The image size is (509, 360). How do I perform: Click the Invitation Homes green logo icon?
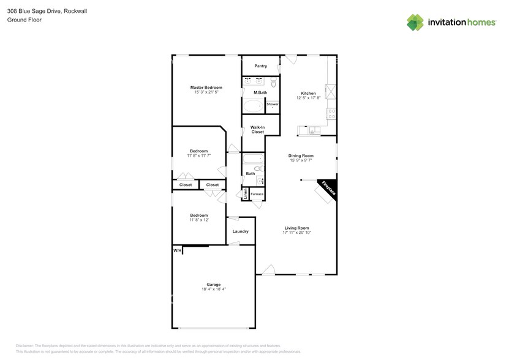click(x=415, y=22)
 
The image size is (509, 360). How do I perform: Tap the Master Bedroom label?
click(x=206, y=88)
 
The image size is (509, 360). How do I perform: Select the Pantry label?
click(x=260, y=66)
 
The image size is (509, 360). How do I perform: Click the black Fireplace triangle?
click(x=330, y=189)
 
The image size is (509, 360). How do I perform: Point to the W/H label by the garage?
click(x=177, y=250)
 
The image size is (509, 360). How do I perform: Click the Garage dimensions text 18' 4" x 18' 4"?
click(x=213, y=289)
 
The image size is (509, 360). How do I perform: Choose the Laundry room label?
click(x=241, y=231)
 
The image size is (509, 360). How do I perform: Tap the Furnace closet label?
click(x=257, y=194)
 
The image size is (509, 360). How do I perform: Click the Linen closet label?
click(x=246, y=194)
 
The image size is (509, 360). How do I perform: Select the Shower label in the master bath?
click(x=273, y=104)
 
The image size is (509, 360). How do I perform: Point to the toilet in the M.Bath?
click(x=274, y=82)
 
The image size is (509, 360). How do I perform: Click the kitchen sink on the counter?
click(x=314, y=129)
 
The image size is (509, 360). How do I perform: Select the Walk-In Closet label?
click(x=257, y=129)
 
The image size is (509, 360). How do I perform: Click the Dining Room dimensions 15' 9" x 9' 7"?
click(x=301, y=160)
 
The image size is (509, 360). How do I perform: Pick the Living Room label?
click(x=296, y=228)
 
